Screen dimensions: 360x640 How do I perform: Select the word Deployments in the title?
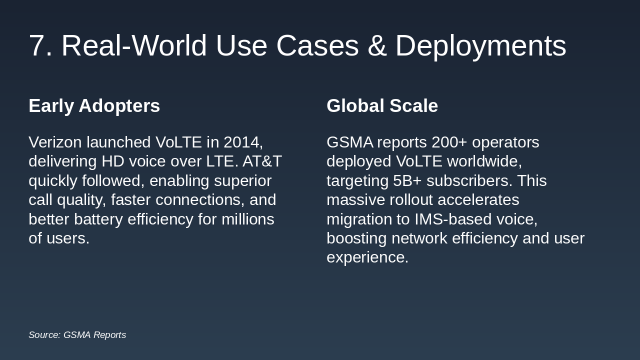pyautogui.click(x=480, y=46)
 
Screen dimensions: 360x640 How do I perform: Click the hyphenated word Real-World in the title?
pyautogui.click(x=134, y=46)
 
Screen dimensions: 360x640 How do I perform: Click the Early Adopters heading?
pyautogui.click(x=94, y=106)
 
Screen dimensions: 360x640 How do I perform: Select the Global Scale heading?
pyautogui.click(x=382, y=106)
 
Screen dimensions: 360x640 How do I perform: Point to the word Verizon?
pyautogui.click(x=55, y=142)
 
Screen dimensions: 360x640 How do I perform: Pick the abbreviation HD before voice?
pyautogui.click(x=112, y=161)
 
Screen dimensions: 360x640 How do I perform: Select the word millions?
pyautogui.click(x=248, y=219)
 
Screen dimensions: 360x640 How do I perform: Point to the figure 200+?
pyautogui.click(x=449, y=142)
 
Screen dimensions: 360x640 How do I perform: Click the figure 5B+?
pyautogui.click(x=407, y=180)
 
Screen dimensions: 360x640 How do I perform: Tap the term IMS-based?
pyautogui.click(x=453, y=219)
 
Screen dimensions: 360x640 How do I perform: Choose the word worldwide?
pyautogui.click(x=484, y=161)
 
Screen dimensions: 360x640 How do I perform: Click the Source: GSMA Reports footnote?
pyautogui.click(x=77, y=335)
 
